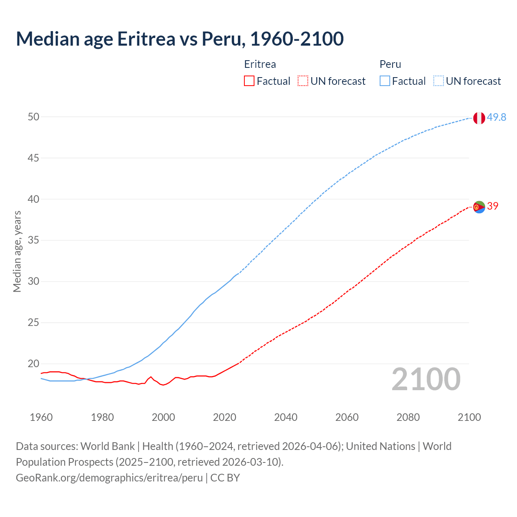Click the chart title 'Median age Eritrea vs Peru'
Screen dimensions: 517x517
coord(180,39)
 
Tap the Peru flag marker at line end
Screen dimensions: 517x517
coord(479,118)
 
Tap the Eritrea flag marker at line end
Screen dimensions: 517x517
coord(479,207)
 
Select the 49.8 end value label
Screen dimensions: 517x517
coord(496,117)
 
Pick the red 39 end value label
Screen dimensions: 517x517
coord(493,206)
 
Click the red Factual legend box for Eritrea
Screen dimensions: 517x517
coord(249,81)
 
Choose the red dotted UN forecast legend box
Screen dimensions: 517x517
coord(303,81)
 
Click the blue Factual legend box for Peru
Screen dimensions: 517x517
coord(385,81)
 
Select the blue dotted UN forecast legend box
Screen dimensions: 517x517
coord(438,81)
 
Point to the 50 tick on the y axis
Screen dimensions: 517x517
coord(34,117)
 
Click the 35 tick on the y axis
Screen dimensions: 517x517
coord(34,240)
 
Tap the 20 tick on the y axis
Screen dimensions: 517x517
coord(34,364)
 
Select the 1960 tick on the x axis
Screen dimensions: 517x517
coord(41,417)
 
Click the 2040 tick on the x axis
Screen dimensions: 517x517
coord(286,417)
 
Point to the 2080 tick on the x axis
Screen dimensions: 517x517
coord(408,417)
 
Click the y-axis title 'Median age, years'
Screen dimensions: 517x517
coord(17,251)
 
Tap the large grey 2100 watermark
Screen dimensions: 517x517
coord(426,379)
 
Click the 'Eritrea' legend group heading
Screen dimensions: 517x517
coord(260,64)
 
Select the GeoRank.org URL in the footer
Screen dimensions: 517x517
coord(109,477)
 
